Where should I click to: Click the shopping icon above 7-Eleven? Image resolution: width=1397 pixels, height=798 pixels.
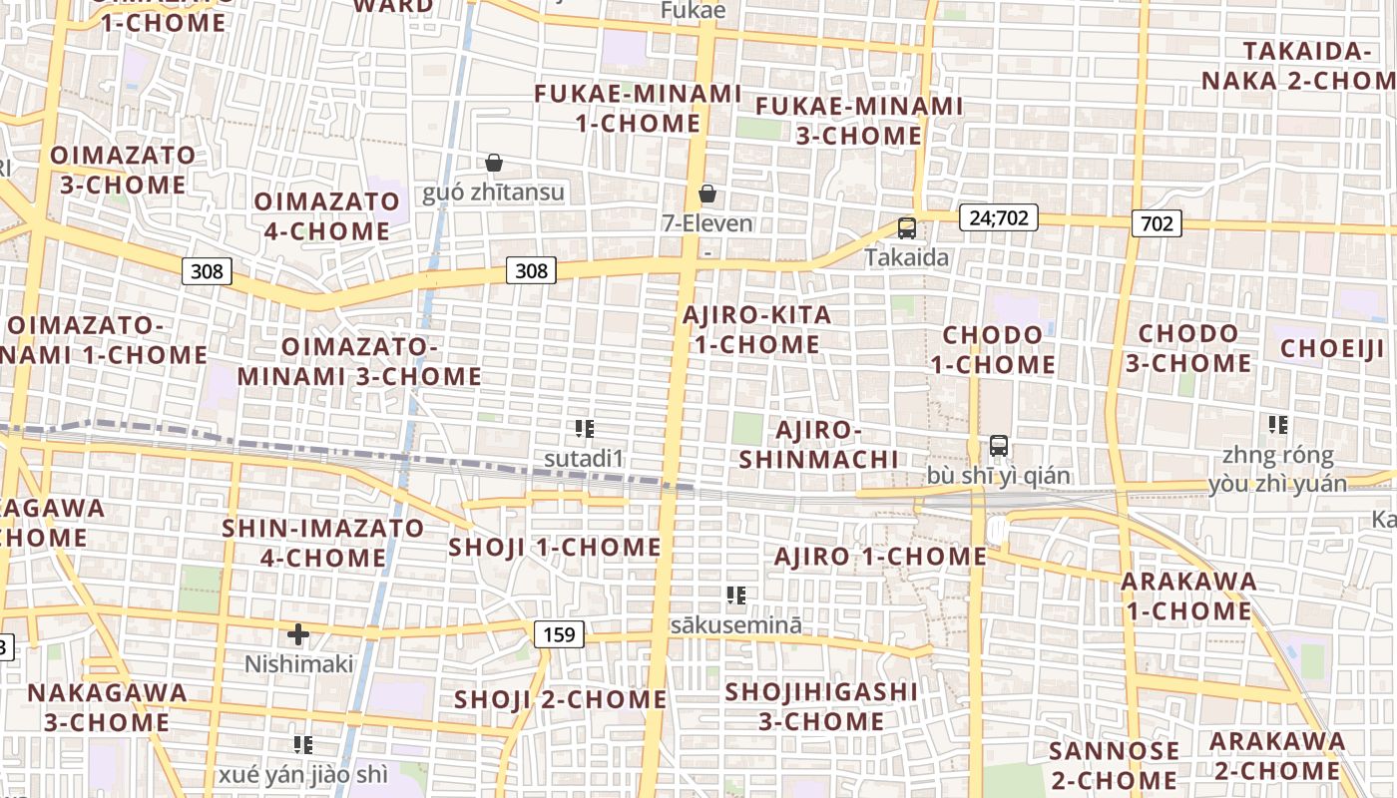click(x=707, y=194)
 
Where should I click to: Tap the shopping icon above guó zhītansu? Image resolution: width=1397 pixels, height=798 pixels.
click(x=493, y=163)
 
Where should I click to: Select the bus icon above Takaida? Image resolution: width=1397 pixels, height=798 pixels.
click(x=906, y=228)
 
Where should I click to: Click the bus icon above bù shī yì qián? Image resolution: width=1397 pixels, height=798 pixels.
click(x=998, y=446)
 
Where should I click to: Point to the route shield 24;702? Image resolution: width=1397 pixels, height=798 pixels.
click(x=998, y=217)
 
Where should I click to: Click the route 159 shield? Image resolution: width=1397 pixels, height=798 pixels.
click(x=559, y=634)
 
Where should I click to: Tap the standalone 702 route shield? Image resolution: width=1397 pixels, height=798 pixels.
click(x=1157, y=223)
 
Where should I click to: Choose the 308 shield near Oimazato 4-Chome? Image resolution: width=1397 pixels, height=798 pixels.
click(x=208, y=270)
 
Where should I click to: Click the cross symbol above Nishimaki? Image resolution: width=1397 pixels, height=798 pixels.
click(x=298, y=634)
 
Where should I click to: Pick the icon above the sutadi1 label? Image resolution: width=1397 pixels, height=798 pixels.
click(x=585, y=430)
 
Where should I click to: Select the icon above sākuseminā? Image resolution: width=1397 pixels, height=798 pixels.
click(x=736, y=597)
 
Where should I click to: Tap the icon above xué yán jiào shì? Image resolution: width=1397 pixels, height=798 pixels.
click(x=303, y=744)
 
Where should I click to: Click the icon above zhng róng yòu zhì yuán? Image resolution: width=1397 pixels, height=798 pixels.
click(x=1277, y=425)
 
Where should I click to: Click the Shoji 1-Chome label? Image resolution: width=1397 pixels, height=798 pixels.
click(x=555, y=547)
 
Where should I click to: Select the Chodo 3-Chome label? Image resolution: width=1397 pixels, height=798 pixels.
click(x=1188, y=348)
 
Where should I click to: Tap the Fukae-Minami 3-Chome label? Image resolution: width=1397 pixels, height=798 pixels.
click(x=859, y=121)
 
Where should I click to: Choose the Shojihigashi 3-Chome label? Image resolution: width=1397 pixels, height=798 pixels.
click(x=821, y=706)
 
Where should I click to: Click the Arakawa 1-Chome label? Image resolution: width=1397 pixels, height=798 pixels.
click(x=1187, y=597)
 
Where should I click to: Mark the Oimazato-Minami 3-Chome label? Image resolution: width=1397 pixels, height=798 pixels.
click(x=359, y=362)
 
